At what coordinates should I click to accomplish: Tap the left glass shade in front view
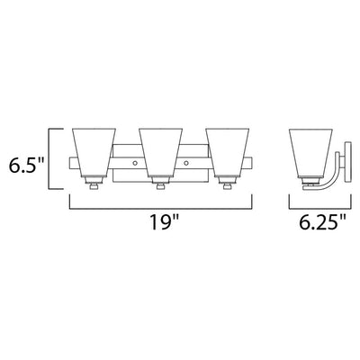pos(94,152)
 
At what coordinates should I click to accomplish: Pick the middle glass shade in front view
pos(160,152)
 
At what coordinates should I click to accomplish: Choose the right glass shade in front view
pos(227,152)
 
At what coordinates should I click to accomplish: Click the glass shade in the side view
pos(310,153)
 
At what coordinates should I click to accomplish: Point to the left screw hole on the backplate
pos(135,163)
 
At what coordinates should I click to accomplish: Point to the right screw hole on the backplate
pos(186,163)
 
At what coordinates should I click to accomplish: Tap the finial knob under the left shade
pos(94,186)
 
